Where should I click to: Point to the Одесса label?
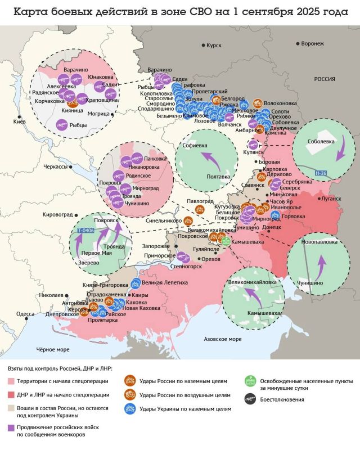(x=25, y=314)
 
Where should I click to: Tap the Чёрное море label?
(x=53, y=349)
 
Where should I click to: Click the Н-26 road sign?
(x=321, y=173)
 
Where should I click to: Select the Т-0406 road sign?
(x=85, y=231)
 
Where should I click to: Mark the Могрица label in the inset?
(x=98, y=114)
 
